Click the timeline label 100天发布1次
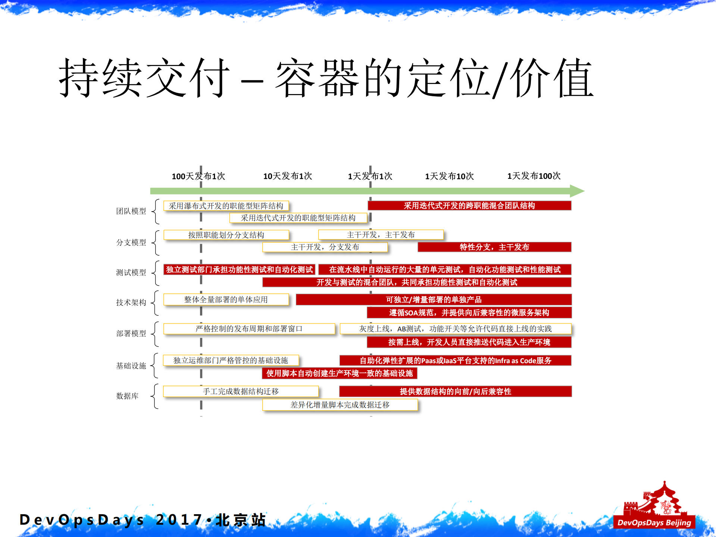pos(198,176)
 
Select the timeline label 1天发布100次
pos(534,176)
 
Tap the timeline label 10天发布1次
pos(287,176)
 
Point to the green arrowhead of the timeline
pos(577,191)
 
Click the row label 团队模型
pos(131,211)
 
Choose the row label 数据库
pos(127,396)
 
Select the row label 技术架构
pos(131,302)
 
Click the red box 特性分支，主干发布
pos(494,247)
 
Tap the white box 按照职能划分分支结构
pos(226,235)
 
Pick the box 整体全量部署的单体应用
pos(226,300)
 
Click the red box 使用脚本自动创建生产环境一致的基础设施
pos(340,373)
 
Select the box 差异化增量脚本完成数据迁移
pos(340,405)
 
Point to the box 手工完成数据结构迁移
pos(241,391)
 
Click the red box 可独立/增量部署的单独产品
pos(434,300)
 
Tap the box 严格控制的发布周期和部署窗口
pos(249,329)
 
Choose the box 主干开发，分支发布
pos(325,247)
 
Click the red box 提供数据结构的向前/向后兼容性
pos(455,391)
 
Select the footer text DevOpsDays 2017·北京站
pos(142,520)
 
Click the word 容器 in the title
pos(317,78)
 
